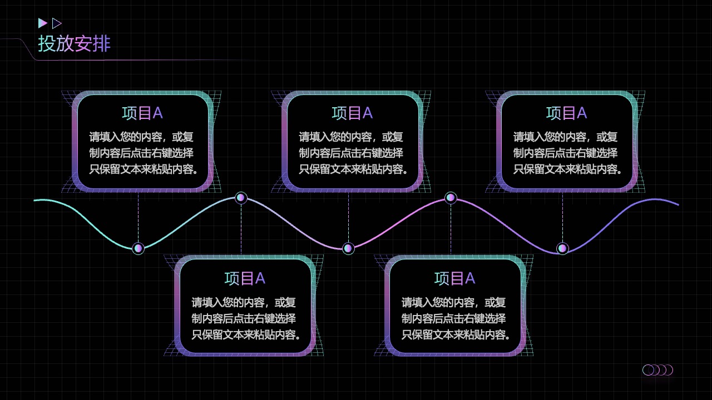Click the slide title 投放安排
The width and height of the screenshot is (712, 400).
pos(75,43)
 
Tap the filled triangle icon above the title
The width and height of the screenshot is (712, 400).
pos(42,23)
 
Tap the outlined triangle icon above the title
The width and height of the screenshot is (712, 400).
pos(56,23)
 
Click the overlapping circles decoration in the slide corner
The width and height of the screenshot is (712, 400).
pos(657,370)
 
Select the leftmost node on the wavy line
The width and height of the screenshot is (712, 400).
pos(139,248)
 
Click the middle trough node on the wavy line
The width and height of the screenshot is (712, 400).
pos(348,248)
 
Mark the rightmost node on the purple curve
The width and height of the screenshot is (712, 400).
pos(562,248)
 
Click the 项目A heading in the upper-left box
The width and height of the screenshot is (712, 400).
pos(142,113)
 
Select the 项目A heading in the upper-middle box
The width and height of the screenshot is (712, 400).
pos(352,113)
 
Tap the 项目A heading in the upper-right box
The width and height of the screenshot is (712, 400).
pos(566,113)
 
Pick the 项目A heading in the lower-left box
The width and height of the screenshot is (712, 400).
pos(245,278)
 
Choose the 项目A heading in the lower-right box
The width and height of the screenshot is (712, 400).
pos(454,278)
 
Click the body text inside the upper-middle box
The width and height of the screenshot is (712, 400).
pos(353,153)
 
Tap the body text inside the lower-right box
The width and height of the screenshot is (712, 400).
pos(456,318)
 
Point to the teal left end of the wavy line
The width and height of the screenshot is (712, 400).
pos(34,201)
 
